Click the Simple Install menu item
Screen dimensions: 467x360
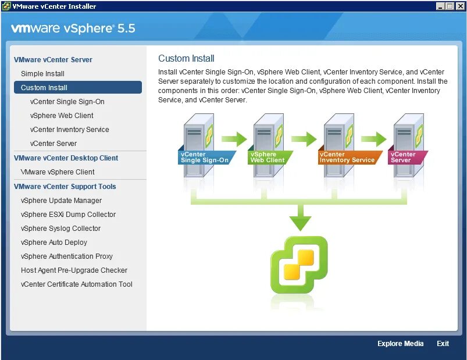click(42, 74)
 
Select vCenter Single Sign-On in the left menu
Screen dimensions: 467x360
click(67, 102)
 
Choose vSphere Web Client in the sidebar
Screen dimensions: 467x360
click(62, 116)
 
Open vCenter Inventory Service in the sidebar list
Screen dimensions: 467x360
click(69, 130)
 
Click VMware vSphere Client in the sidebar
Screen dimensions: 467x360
click(58, 172)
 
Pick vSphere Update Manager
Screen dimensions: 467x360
click(61, 201)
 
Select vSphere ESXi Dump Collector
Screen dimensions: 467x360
click(68, 215)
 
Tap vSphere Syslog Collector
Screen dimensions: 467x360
click(60, 229)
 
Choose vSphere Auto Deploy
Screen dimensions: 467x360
click(54, 243)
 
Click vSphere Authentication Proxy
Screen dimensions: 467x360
click(66, 256)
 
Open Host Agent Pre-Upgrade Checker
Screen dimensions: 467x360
click(74, 270)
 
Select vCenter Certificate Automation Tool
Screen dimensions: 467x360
click(76, 284)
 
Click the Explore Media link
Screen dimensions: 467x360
click(400, 344)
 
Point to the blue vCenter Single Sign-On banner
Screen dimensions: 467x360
click(205, 158)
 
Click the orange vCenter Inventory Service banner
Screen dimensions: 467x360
click(347, 158)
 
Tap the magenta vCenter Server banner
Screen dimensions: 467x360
click(406, 158)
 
